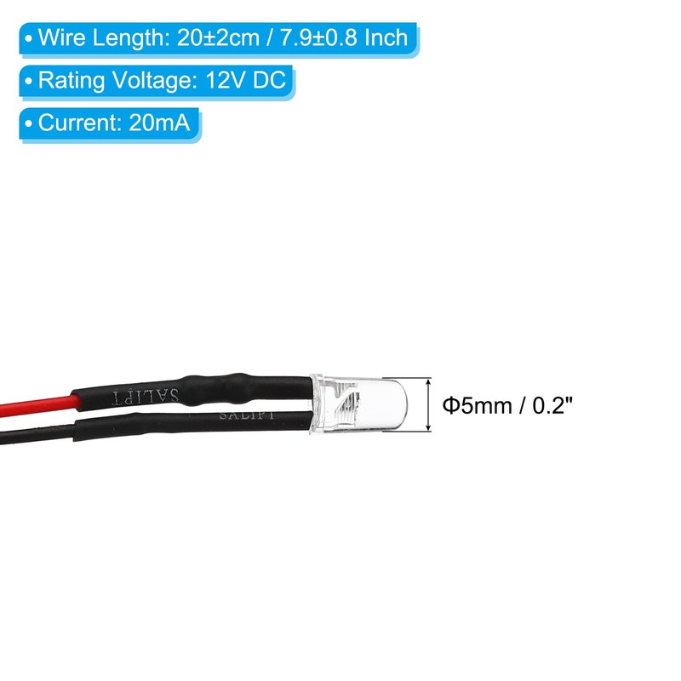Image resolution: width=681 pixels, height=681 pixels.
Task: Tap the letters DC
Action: click(x=275, y=81)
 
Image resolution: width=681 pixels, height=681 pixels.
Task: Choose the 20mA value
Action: click(x=161, y=123)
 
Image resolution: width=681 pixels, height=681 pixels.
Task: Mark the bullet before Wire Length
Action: click(x=31, y=39)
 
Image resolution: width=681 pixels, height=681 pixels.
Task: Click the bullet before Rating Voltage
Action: click(x=31, y=82)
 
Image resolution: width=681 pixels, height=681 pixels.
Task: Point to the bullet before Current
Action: click(x=31, y=124)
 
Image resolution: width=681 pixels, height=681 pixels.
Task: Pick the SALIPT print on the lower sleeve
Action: click(x=246, y=415)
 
